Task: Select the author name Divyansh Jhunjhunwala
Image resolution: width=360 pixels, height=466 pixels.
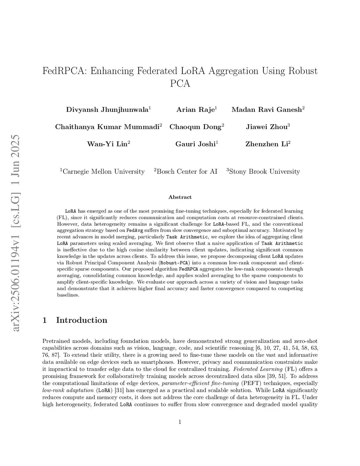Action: (107, 109)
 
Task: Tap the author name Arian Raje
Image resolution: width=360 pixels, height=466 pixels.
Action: (195, 109)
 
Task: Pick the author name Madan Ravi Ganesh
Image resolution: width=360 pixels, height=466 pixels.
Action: (266, 109)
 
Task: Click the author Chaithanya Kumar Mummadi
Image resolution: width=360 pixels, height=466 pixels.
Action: (107, 127)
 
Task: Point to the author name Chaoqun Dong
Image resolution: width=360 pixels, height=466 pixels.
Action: (195, 127)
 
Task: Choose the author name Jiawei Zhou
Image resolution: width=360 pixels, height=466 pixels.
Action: (266, 127)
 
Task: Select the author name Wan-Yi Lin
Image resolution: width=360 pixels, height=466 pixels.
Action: (107, 144)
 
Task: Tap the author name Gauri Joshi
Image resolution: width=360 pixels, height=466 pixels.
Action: (195, 144)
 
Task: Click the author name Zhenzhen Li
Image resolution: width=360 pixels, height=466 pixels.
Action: (266, 144)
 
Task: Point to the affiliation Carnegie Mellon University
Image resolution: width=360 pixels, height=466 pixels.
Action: (103, 172)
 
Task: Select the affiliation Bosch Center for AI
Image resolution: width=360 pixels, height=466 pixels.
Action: (186, 172)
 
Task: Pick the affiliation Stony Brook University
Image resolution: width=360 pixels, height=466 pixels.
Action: (264, 172)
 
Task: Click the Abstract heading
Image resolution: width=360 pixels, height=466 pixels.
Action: (180, 197)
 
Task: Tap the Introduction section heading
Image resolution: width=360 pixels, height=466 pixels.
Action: (81, 320)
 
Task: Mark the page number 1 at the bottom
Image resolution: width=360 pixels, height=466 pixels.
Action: (180, 422)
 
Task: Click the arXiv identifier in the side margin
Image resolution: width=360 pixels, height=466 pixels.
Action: (15, 232)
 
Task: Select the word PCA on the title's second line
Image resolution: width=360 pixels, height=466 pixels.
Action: (180, 84)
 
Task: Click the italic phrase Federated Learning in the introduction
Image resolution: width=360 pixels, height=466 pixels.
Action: (258, 369)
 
